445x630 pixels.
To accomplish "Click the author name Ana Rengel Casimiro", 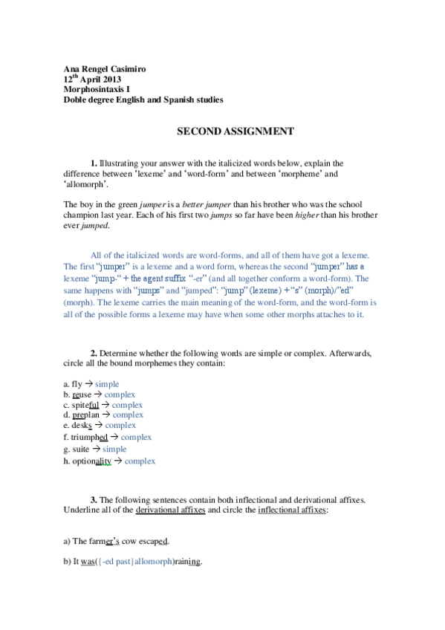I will point(105,69).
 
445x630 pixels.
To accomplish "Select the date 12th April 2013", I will point(92,79).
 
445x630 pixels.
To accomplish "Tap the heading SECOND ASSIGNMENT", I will point(225,131).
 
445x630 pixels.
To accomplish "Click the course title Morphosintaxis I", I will point(96,89).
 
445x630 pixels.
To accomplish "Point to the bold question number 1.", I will point(94,163).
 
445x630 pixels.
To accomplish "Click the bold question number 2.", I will point(94,352).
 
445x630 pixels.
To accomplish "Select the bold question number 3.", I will point(94,500).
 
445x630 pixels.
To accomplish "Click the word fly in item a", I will point(77,383).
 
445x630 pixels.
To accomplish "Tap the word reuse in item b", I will point(82,394).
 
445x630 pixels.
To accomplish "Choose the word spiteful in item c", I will point(85,405).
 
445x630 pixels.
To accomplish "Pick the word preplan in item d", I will point(86,415).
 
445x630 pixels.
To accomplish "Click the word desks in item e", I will point(82,426).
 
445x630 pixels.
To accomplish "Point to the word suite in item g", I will point(81,449).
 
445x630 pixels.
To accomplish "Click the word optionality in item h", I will point(91,461).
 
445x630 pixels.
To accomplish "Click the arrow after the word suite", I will point(96,449).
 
